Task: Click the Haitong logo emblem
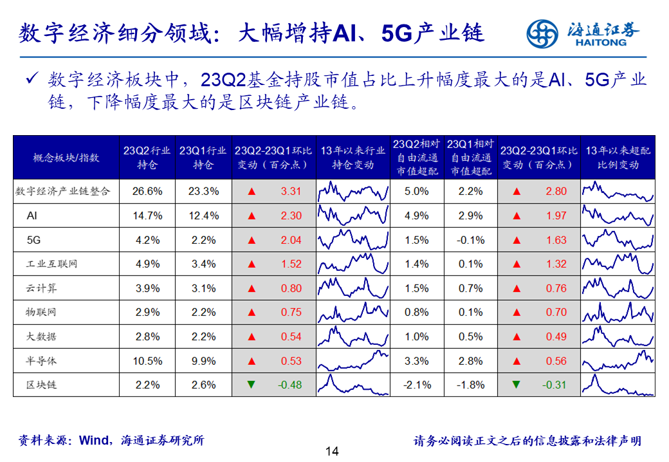point(542,33)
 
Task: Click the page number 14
point(332,451)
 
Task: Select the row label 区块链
point(42,385)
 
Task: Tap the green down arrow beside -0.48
point(251,385)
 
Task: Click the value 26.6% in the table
point(147,191)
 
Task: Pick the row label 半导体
point(42,361)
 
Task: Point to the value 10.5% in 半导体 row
point(147,361)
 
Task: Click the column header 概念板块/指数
point(66,158)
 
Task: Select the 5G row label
point(33,240)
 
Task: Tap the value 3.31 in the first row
point(291,191)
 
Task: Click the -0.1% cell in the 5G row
point(471,240)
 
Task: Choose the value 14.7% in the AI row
point(147,216)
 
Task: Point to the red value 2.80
point(556,191)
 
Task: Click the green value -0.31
point(555,385)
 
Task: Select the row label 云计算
point(42,288)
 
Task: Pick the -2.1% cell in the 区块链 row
point(416,385)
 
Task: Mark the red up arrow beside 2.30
point(251,216)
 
